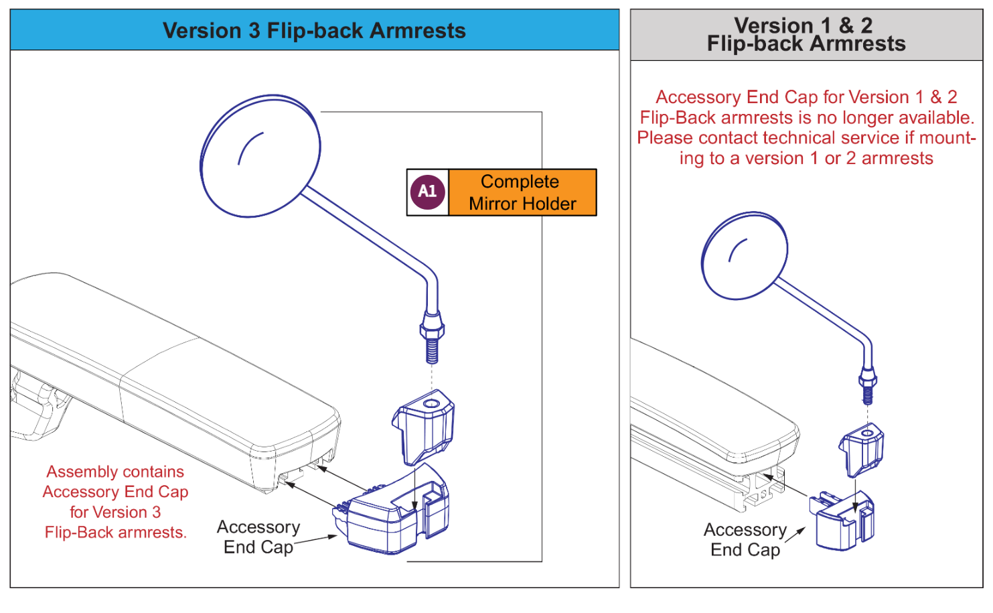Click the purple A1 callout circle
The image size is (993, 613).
(x=427, y=192)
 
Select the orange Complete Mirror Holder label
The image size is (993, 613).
(x=522, y=192)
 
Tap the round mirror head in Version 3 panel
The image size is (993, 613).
(x=260, y=156)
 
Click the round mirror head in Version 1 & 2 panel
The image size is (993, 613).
(x=745, y=255)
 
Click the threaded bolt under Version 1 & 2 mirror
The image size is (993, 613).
(x=868, y=393)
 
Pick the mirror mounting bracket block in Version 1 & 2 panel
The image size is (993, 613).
(x=862, y=450)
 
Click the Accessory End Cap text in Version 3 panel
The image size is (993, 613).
(x=258, y=537)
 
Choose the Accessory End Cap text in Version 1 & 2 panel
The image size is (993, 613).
(x=745, y=540)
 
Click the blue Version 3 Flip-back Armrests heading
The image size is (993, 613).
(x=314, y=31)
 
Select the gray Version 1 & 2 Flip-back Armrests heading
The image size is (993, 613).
(x=806, y=35)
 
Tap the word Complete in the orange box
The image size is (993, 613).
(x=520, y=182)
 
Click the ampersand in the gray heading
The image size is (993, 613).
(x=846, y=25)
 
